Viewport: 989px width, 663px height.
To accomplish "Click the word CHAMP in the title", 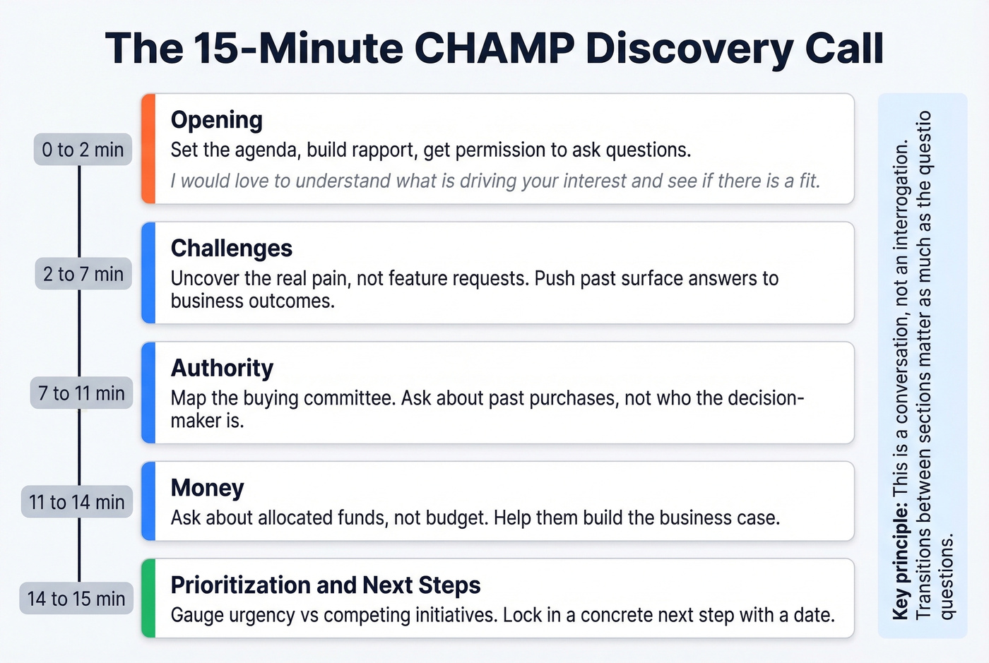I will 494,48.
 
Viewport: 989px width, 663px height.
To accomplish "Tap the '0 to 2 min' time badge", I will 83,150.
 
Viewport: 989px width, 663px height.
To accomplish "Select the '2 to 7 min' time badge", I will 83,274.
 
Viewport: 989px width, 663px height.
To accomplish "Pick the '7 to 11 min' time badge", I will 81,393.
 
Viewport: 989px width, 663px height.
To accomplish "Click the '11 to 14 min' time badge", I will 77,502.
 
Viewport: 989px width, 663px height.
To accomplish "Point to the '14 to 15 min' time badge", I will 76,599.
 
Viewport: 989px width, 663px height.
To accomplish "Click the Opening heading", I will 216,120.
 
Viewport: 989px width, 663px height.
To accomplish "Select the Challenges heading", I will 231,249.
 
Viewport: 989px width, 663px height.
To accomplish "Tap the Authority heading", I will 222,369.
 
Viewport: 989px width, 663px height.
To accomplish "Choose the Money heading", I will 207,488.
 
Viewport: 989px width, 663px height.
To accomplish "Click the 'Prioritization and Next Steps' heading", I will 325,585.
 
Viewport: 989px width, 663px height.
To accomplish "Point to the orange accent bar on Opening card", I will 148,149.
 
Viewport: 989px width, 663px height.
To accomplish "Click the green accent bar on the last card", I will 148,598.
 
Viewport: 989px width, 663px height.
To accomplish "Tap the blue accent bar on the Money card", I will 148,501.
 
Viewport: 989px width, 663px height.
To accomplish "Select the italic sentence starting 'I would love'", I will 494,181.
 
